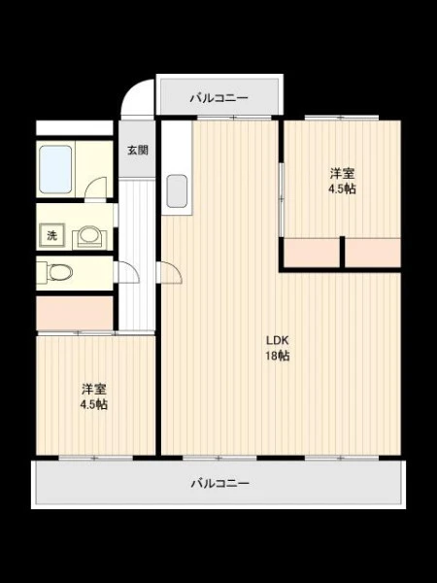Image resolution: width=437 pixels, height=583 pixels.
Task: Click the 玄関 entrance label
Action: [x=138, y=151]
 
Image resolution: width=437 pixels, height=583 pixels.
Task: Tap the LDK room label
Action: [x=277, y=340]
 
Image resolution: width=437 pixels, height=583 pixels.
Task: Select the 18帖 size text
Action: [x=277, y=357]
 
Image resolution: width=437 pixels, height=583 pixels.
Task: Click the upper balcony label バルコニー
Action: [x=219, y=98]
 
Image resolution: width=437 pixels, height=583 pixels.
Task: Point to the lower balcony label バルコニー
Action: [x=220, y=483]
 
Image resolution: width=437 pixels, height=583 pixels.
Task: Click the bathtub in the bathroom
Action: [x=55, y=169]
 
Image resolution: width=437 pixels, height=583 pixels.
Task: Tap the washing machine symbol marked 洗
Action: [x=52, y=235]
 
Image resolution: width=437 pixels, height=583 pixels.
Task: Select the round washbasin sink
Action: [x=89, y=235]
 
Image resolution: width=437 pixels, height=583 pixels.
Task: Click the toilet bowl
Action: [x=60, y=272]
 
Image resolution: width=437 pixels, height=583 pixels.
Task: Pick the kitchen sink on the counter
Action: [x=177, y=191]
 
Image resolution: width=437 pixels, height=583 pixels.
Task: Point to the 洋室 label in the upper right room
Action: [x=342, y=173]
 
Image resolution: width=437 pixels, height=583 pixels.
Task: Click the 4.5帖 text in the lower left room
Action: [x=94, y=404]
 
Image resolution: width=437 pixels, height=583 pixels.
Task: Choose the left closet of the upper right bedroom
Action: [x=312, y=253]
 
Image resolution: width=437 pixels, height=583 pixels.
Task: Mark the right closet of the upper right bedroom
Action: [x=373, y=253]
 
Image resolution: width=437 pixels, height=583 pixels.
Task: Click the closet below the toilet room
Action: [x=75, y=313]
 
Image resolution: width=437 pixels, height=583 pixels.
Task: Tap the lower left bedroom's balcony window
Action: [x=95, y=458]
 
